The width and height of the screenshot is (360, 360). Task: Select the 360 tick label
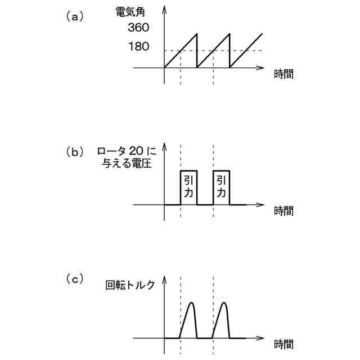pyautogui.click(x=138, y=28)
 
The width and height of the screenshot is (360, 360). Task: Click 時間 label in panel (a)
pyautogui.click(x=283, y=74)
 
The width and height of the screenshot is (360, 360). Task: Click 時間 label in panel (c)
pyautogui.click(x=283, y=344)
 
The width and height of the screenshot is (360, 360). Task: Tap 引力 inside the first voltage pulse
pyautogui.click(x=188, y=186)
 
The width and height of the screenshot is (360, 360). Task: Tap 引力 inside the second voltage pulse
pyautogui.click(x=222, y=186)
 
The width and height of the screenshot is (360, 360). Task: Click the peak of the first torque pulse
pyautogui.click(x=191, y=303)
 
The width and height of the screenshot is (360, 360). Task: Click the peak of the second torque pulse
pyautogui.click(x=224, y=303)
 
